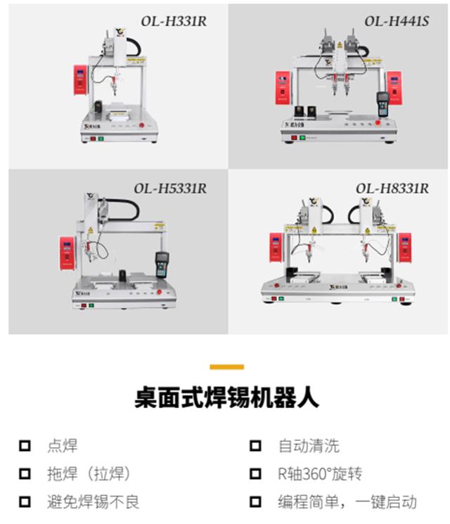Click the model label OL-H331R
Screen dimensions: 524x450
click(174, 20)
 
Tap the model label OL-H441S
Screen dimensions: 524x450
click(396, 20)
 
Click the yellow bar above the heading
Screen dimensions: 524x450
click(226, 366)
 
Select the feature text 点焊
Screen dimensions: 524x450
click(62, 445)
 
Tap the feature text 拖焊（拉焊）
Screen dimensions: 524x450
click(89, 473)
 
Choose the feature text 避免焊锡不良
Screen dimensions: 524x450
click(93, 501)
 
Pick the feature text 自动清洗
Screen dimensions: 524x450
click(308, 445)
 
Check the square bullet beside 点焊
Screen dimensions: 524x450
click(25, 445)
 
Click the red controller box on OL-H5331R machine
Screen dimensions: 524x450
click(67, 254)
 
